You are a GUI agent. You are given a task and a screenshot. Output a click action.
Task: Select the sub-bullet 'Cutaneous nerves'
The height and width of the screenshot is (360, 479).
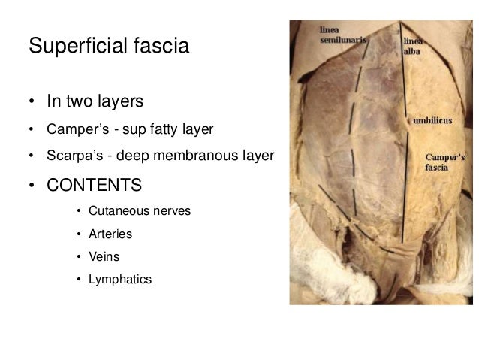pos(139,211)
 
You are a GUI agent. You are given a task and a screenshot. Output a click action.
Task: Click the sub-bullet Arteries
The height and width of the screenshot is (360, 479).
pos(110,234)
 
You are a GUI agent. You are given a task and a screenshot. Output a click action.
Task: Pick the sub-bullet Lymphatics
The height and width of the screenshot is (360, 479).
pos(119,280)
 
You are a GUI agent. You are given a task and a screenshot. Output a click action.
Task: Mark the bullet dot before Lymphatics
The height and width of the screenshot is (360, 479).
pos(80,280)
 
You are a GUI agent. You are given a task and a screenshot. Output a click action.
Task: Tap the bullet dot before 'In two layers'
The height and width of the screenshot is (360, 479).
pos(33,101)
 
